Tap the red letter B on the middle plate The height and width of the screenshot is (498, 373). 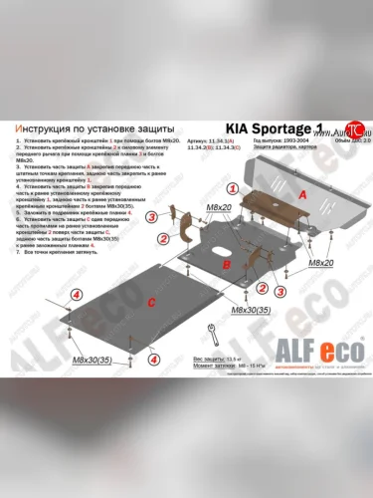tap(227, 267)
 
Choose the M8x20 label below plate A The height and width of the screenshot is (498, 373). tap(319, 262)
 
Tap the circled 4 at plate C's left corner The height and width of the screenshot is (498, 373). tap(76, 295)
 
